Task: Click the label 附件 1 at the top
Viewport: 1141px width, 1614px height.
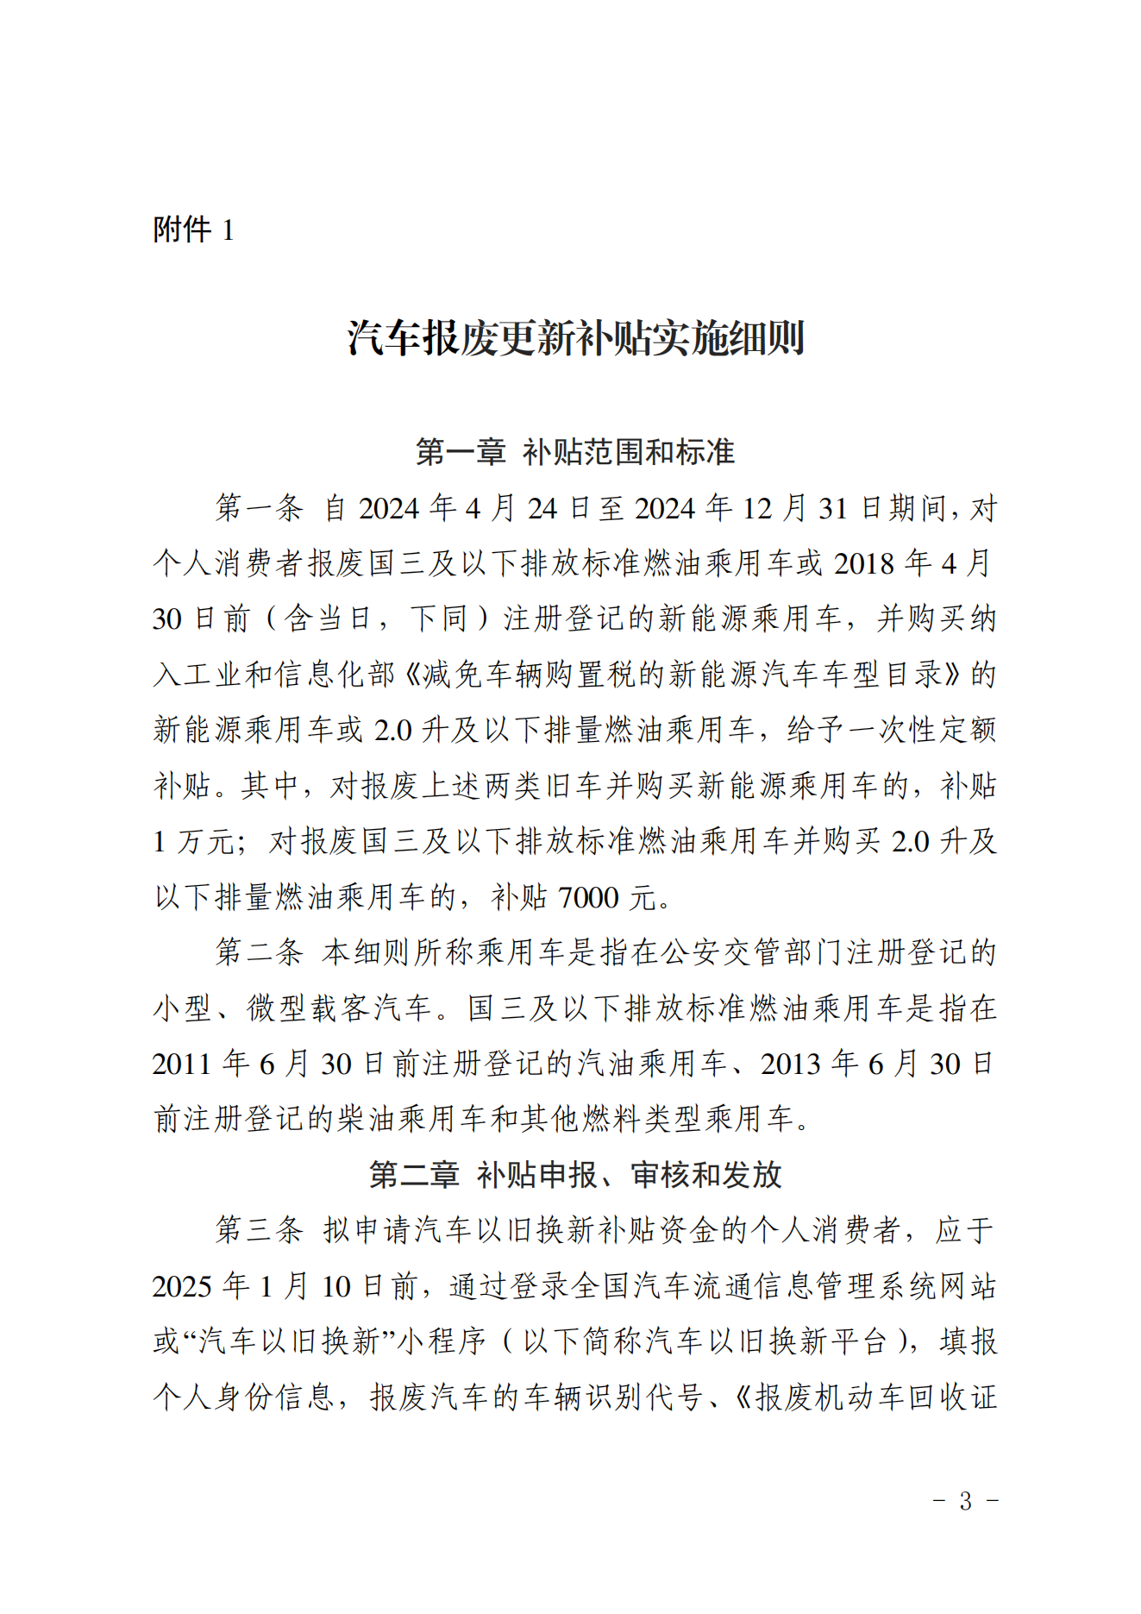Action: pyautogui.click(x=193, y=229)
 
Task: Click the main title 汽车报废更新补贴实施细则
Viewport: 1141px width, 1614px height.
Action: pyautogui.click(x=575, y=337)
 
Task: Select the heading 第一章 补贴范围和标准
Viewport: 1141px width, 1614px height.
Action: pyautogui.click(x=574, y=452)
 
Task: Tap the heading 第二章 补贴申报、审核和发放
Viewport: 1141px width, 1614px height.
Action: pyautogui.click(x=574, y=1175)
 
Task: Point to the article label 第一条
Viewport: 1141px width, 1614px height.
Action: pyautogui.click(x=259, y=508)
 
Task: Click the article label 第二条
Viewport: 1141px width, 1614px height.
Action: pyautogui.click(x=259, y=952)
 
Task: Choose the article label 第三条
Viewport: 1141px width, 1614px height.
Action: pyautogui.click(x=259, y=1230)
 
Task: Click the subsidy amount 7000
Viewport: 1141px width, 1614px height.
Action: pyautogui.click(x=588, y=897)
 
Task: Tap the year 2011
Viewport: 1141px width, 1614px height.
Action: pyautogui.click(x=182, y=1064)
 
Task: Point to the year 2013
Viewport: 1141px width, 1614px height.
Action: pyautogui.click(x=791, y=1064)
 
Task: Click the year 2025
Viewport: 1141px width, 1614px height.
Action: pyautogui.click(x=182, y=1286)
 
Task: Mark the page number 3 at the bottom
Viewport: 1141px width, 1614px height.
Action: pyautogui.click(x=965, y=1501)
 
